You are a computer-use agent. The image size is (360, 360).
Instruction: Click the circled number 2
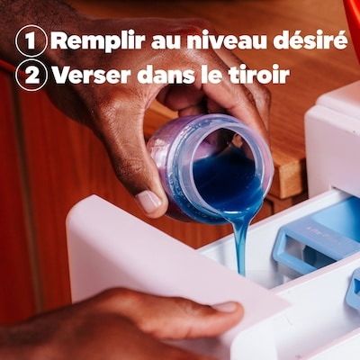[x=31, y=75]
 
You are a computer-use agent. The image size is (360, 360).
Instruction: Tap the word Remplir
[x=98, y=41]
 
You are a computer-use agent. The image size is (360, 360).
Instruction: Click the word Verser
[x=93, y=74]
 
